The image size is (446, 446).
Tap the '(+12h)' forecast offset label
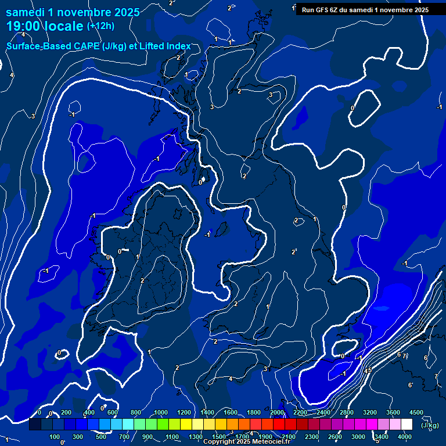coord(100,26)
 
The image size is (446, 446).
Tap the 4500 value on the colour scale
coord(416,412)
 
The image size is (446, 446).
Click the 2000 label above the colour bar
coord(277,412)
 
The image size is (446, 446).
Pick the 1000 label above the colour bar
coord(161,412)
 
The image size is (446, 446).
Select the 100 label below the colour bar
coord(55,437)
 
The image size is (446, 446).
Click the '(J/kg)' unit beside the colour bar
coord(430,425)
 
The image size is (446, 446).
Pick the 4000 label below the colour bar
coord(405,437)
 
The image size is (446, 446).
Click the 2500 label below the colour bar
coord(335,437)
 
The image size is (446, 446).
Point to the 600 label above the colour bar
coord(113,412)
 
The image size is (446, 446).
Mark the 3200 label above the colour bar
coord(370,412)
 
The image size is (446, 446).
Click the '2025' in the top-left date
coord(126,12)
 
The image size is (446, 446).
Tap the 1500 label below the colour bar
coord(219,437)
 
